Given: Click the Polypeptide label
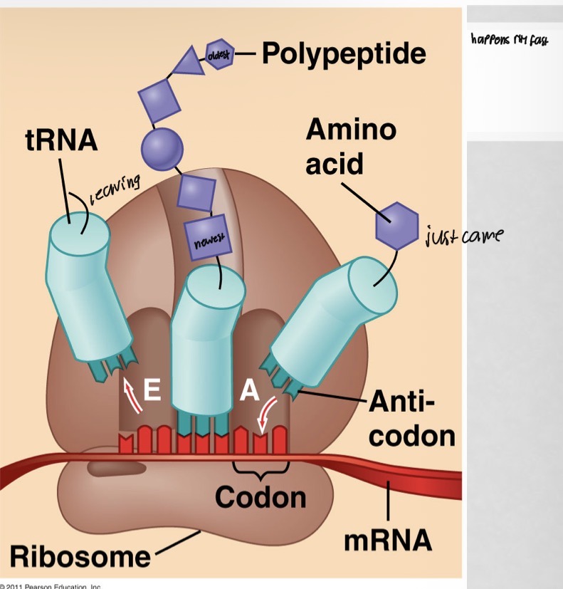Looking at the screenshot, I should (344, 53).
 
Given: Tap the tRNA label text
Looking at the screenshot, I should (61, 140).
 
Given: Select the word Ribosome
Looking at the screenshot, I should (80, 556).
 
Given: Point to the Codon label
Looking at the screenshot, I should (261, 497).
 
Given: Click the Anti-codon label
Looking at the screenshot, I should (411, 422).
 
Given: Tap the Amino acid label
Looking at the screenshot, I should (350, 147).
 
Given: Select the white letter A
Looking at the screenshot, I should (249, 392).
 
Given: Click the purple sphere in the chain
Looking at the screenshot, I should (162, 148).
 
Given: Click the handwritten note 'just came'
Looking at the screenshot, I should (462, 235).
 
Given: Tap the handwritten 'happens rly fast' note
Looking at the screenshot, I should (509, 40).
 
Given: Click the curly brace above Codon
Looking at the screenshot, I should (261, 469).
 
